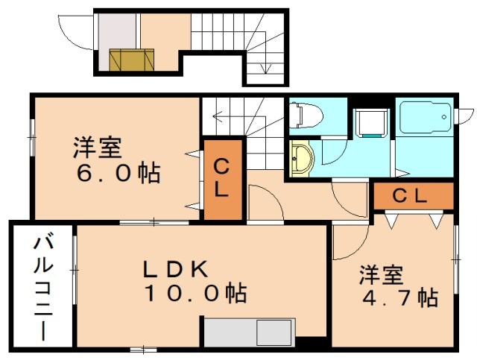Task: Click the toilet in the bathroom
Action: tap(306, 116)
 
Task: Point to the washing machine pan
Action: tap(371, 123)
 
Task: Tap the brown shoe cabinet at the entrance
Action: tap(131, 60)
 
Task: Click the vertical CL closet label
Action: tap(221, 179)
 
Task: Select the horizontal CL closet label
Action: tap(410, 196)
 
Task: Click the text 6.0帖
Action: tap(119, 174)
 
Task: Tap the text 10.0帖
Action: tap(197, 294)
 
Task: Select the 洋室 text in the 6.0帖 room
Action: tap(98, 148)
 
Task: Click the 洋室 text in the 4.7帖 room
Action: tap(381, 275)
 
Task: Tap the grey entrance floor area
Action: tap(117, 31)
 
